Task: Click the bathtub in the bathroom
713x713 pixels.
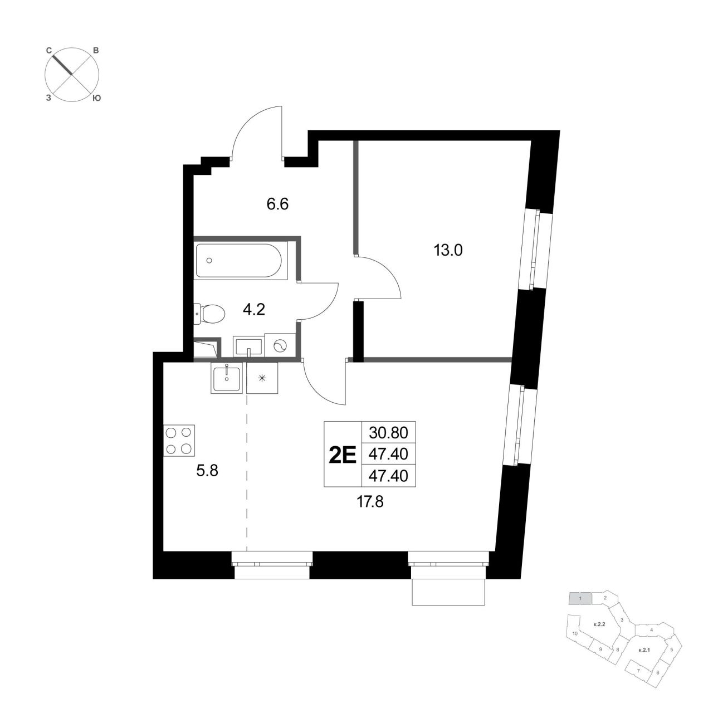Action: click(x=238, y=260)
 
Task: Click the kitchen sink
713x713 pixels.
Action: click(x=227, y=378)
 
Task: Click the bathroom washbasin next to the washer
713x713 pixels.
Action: click(x=248, y=347)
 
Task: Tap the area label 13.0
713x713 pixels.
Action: click(x=448, y=251)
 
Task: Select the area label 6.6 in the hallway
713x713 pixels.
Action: click(x=277, y=204)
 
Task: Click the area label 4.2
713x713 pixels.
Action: click(x=254, y=309)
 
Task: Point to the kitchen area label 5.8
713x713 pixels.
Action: click(x=207, y=471)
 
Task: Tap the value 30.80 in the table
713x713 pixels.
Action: click(x=388, y=433)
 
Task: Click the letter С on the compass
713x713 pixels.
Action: click(x=48, y=51)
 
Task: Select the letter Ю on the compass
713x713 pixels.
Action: click(x=96, y=98)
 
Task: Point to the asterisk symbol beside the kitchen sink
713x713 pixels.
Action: click(x=262, y=378)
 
